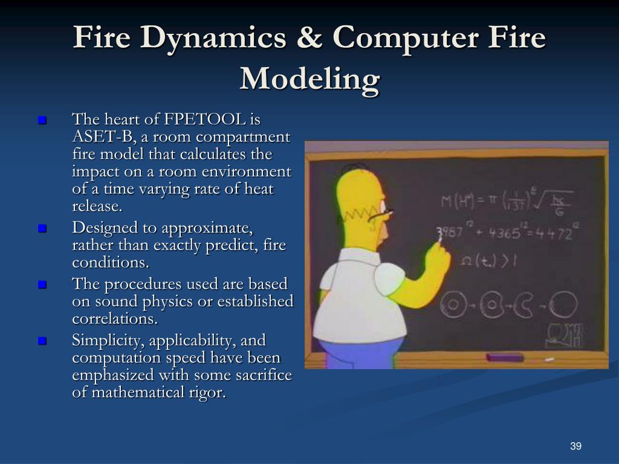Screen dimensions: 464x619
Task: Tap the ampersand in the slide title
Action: click(x=311, y=39)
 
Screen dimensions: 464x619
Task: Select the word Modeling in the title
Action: click(x=309, y=79)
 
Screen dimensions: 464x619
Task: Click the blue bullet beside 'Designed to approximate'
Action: click(x=42, y=229)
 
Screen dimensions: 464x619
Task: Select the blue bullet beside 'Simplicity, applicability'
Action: click(x=42, y=341)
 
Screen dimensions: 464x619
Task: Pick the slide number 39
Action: click(x=575, y=446)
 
